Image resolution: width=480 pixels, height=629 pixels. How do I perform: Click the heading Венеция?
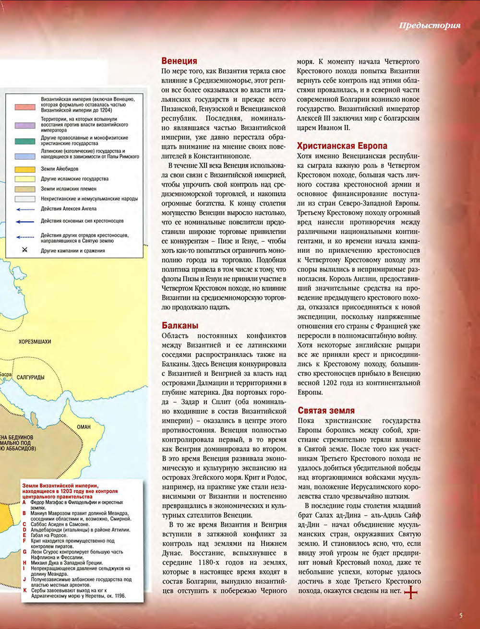(179, 61)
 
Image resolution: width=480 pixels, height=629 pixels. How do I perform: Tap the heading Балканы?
(180, 326)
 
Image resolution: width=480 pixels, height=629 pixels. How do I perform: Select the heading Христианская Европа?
(342, 146)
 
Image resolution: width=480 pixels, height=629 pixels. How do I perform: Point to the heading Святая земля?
(326, 410)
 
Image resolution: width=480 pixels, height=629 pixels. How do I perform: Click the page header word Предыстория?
(429, 25)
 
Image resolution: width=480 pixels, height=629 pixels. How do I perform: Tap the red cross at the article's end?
(411, 593)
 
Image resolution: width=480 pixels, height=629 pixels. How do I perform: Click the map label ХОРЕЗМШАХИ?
(35, 342)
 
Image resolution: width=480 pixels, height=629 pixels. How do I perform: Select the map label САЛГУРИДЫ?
(30, 377)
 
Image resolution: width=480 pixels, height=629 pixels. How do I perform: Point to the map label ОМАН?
(84, 427)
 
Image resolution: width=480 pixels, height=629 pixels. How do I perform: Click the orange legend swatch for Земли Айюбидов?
(24, 169)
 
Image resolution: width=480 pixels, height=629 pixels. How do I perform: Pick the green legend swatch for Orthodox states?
(24, 141)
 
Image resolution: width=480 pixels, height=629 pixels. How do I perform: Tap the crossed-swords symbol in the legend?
(24, 250)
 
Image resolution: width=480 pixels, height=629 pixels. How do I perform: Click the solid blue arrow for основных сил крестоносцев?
(24, 221)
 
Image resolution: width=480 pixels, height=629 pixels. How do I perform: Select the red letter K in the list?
(24, 590)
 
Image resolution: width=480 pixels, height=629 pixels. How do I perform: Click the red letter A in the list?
(24, 502)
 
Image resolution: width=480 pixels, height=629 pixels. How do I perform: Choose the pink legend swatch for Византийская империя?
(24, 107)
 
